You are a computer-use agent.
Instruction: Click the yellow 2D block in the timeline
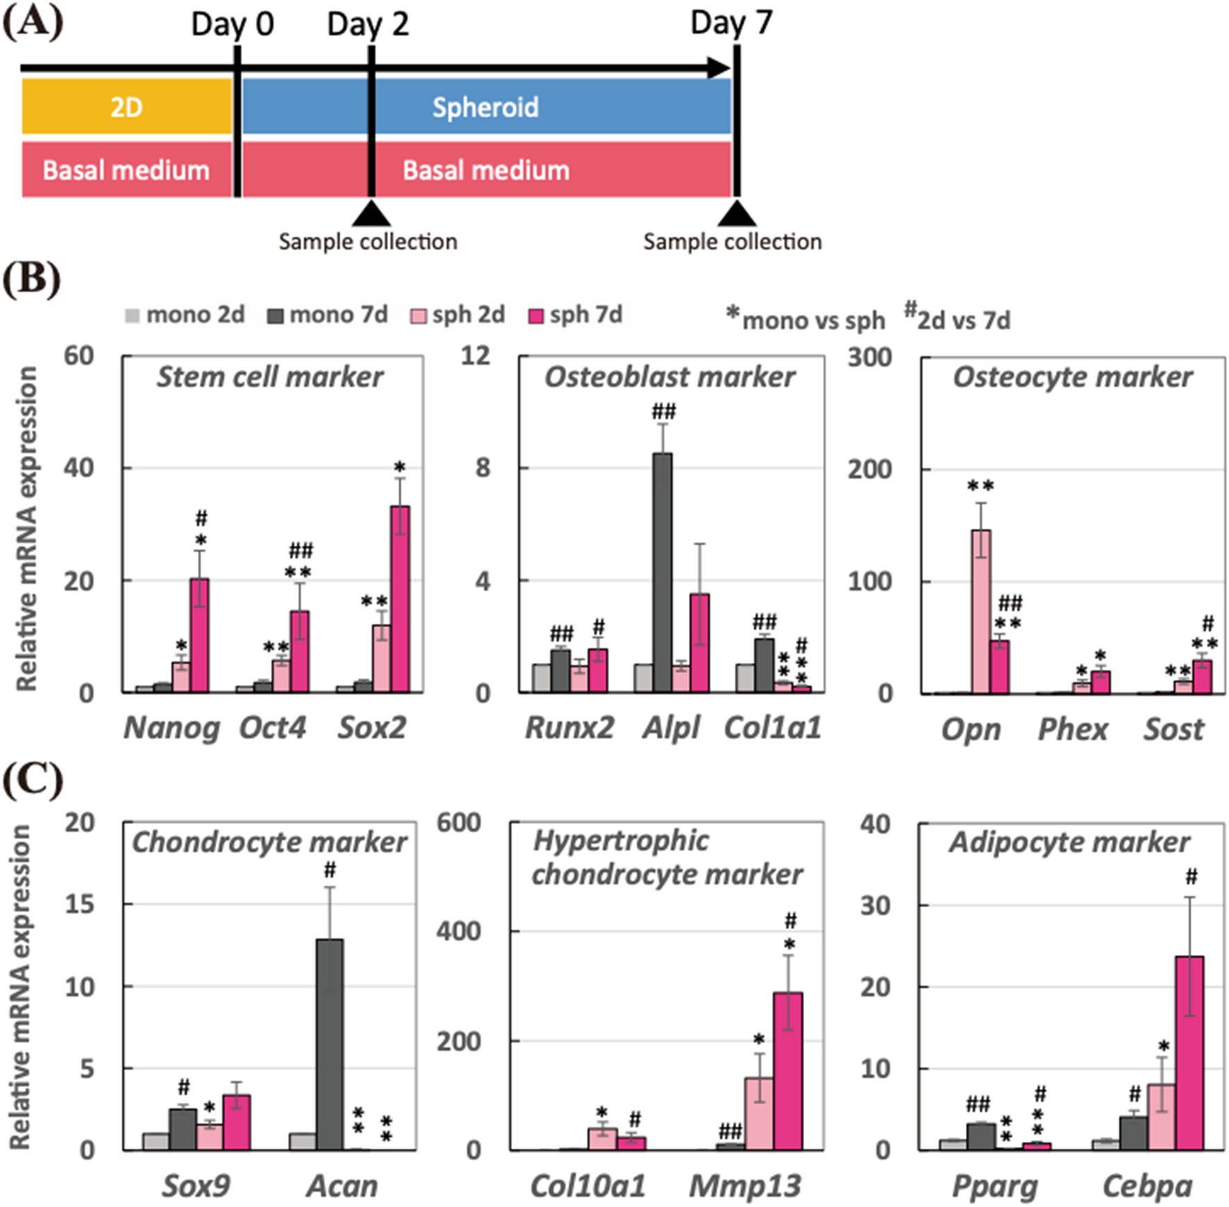coord(126,106)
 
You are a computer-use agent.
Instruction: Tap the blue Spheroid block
coord(486,106)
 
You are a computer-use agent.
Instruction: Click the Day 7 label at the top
coord(730,23)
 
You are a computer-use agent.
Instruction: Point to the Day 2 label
coord(367,24)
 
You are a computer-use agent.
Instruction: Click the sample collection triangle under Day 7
coord(736,214)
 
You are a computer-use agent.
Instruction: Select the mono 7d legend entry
coord(328,315)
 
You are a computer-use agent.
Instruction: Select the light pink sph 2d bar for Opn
coord(980,611)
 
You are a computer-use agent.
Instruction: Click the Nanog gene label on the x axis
coord(172,728)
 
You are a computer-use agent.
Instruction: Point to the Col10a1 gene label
coord(587,1186)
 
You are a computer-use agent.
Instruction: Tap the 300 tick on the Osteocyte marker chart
coord(869,357)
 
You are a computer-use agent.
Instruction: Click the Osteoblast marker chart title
coord(669,377)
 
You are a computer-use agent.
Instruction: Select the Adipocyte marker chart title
coord(1069,843)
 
